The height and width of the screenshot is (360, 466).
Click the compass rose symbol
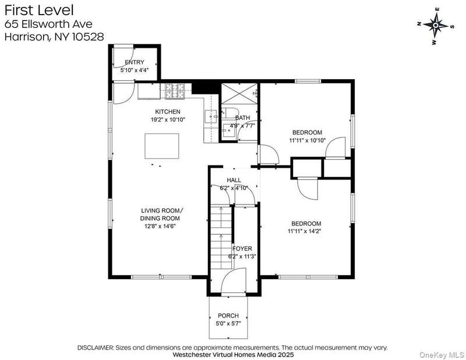435,26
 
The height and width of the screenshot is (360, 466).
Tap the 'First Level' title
39,10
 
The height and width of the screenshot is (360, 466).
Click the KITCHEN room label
168,111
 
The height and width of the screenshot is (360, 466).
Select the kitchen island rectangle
162,146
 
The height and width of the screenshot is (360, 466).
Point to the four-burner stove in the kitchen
175,91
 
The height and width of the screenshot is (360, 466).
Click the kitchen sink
211,117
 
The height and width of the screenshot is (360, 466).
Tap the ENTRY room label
135,62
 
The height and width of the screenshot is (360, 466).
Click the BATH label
242,118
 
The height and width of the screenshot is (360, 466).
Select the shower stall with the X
239,93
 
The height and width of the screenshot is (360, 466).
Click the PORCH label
228,315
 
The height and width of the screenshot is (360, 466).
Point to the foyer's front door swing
234,281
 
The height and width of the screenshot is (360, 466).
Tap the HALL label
234,180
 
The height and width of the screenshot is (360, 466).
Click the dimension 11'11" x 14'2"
305,231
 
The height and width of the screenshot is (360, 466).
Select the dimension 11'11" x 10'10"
308,140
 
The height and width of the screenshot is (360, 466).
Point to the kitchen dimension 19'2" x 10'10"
168,119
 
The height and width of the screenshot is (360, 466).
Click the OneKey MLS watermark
442,355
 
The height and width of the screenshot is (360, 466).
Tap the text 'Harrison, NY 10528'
54,37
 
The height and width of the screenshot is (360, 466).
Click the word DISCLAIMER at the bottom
96,348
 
